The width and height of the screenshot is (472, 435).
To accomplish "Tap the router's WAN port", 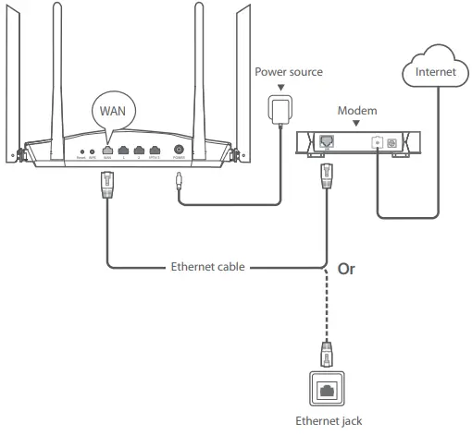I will click(107, 150).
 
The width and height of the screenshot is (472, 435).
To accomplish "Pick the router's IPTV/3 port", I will click(155, 150).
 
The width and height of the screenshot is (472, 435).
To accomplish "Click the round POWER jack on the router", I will click(178, 150).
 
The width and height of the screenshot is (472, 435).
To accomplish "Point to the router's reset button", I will click(82, 151).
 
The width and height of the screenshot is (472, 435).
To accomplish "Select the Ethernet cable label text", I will click(208, 268).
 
